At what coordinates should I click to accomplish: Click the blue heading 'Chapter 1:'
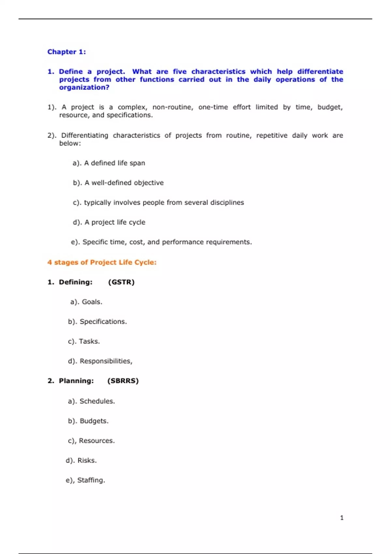coord(66,52)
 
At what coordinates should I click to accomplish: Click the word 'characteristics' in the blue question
coord(218,72)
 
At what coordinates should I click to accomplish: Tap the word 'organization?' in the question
coord(84,87)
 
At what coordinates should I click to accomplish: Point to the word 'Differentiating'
coord(84,136)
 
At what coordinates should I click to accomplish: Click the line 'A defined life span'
coord(114,163)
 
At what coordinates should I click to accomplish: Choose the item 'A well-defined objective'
coord(124,183)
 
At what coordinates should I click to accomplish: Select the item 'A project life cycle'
coord(115,222)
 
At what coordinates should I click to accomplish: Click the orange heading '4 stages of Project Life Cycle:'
coord(102,262)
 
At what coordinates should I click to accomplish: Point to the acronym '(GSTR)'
coord(121,282)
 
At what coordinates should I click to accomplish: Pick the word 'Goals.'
coord(92,302)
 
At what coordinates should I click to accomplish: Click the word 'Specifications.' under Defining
coord(103,322)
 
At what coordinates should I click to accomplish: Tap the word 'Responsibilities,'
coord(106,361)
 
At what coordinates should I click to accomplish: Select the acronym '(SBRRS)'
coord(123,381)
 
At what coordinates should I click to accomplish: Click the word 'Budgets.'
coord(94,421)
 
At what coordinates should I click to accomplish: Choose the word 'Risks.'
coord(87,460)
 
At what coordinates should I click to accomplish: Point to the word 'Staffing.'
coord(91,480)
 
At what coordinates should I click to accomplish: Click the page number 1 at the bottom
coord(341,518)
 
